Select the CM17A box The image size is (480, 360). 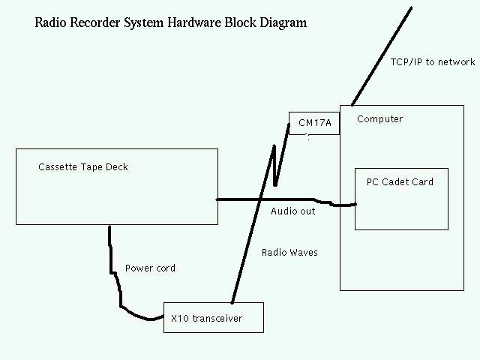314,123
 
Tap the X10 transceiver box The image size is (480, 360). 214,319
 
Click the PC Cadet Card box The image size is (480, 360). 401,199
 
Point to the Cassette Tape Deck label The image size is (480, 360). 83,167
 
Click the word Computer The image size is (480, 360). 379,119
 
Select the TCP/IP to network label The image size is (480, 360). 433,62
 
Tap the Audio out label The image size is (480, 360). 292,211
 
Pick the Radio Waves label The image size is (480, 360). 289,253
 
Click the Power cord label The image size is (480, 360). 150,268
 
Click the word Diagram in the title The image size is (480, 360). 283,22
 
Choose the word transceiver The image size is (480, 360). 217,319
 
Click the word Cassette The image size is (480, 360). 57,167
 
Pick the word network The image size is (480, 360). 455,62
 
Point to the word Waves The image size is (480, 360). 303,253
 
